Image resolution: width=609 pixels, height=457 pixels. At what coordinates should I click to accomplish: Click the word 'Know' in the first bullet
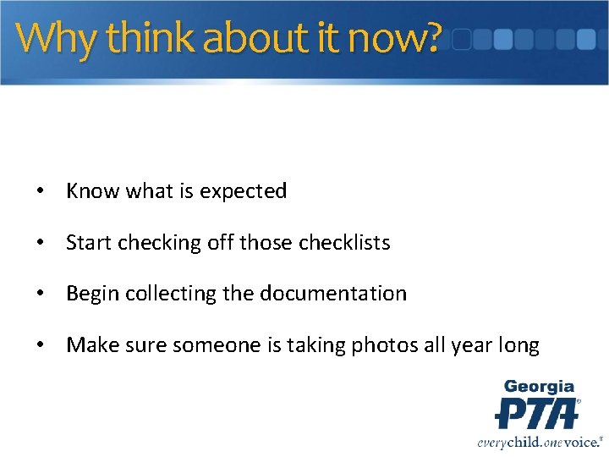point(93,191)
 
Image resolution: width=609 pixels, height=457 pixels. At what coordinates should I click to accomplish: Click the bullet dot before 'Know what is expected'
point(41,192)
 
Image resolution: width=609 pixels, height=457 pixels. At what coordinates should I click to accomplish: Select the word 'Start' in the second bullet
point(89,243)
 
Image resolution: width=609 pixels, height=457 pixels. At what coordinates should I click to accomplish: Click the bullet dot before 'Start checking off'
point(41,244)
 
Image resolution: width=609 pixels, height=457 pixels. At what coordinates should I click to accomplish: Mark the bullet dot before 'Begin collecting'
point(41,295)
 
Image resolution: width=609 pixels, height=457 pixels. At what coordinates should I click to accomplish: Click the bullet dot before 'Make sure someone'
point(41,345)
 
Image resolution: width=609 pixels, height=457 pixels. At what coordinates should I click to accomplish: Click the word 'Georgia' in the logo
point(539,387)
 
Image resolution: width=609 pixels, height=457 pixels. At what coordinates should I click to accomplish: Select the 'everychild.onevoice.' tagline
point(538,441)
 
